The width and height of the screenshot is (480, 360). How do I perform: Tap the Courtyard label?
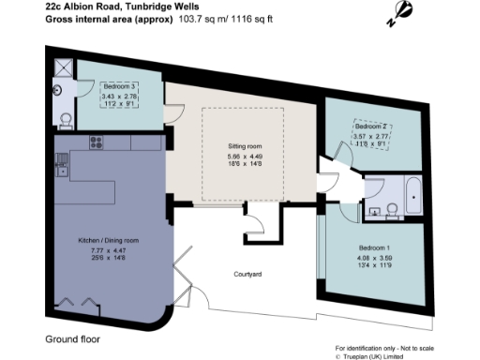click(x=247, y=274)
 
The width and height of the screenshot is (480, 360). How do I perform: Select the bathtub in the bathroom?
click(x=415, y=195)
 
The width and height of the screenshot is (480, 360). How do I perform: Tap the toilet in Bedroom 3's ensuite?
click(x=64, y=116)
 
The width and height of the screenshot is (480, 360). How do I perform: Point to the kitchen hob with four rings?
click(x=95, y=142)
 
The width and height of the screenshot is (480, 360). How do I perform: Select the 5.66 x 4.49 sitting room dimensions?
click(x=247, y=157)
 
